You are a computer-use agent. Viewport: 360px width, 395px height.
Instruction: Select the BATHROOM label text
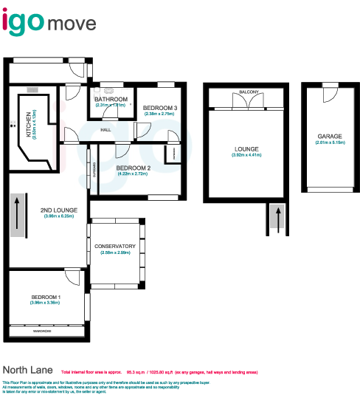111,99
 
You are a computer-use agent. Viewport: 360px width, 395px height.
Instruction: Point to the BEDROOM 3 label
159,108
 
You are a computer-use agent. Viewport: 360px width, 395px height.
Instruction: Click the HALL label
105,131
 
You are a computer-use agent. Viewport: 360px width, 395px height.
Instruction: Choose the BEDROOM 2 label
133,168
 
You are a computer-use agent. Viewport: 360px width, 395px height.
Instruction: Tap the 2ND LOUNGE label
60,210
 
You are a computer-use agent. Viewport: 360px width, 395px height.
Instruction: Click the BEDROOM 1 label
45,297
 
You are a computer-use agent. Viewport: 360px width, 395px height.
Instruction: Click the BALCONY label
248,92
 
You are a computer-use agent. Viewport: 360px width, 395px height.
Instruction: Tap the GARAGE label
330,137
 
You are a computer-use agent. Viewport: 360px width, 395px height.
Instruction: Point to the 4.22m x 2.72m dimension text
133,174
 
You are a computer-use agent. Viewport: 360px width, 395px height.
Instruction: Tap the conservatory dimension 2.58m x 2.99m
115,253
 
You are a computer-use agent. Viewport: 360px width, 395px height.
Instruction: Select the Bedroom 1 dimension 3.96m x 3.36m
45,303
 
